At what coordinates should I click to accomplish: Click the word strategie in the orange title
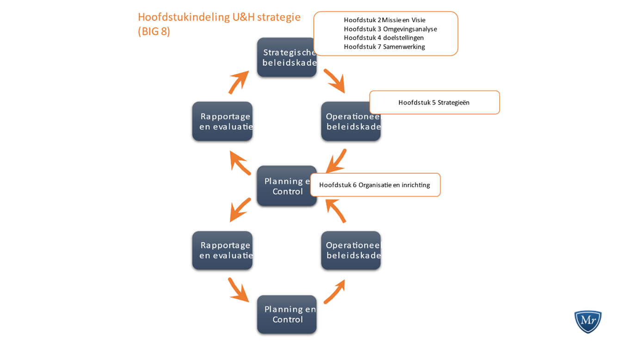(x=279, y=17)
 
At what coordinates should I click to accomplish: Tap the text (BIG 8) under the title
(x=154, y=32)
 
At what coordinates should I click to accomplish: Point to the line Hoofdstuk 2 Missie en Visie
(x=384, y=20)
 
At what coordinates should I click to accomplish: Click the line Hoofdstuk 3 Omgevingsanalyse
(x=390, y=29)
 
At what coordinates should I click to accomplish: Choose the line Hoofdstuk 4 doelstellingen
(x=383, y=38)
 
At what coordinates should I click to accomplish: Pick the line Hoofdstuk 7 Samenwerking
(x=384, y=47)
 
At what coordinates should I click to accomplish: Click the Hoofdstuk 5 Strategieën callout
(x=434, y=103)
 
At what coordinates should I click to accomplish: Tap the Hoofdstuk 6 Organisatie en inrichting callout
(x=375, y=185)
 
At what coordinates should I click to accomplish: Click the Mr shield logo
(x=587, y=321)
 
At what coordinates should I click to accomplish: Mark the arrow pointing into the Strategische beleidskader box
(x=239, y=83)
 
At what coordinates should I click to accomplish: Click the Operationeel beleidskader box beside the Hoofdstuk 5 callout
(x=350, y=122)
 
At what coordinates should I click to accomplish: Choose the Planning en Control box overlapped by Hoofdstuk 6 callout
(x=284, y=186)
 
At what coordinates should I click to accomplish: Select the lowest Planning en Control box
(x=287, y=314)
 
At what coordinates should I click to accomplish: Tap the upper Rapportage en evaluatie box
(x=222, y=122)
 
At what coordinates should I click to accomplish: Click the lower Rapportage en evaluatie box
(x=222, y=250)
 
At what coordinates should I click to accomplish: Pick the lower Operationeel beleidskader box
(x=351, y=250)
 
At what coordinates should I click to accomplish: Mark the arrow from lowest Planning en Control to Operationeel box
(x=334, y=292)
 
